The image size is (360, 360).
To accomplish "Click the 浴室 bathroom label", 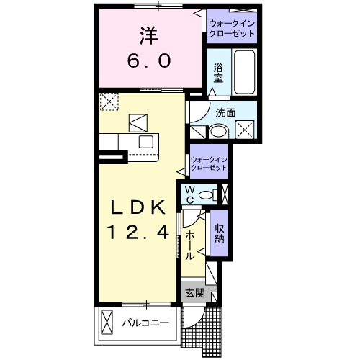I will point(218,73).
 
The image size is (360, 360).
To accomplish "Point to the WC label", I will point(190,194).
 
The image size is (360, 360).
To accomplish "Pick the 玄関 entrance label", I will point(194,293).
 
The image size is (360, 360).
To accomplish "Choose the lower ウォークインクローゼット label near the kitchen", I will point(210,162).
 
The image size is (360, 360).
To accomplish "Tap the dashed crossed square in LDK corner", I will point(109,102).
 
